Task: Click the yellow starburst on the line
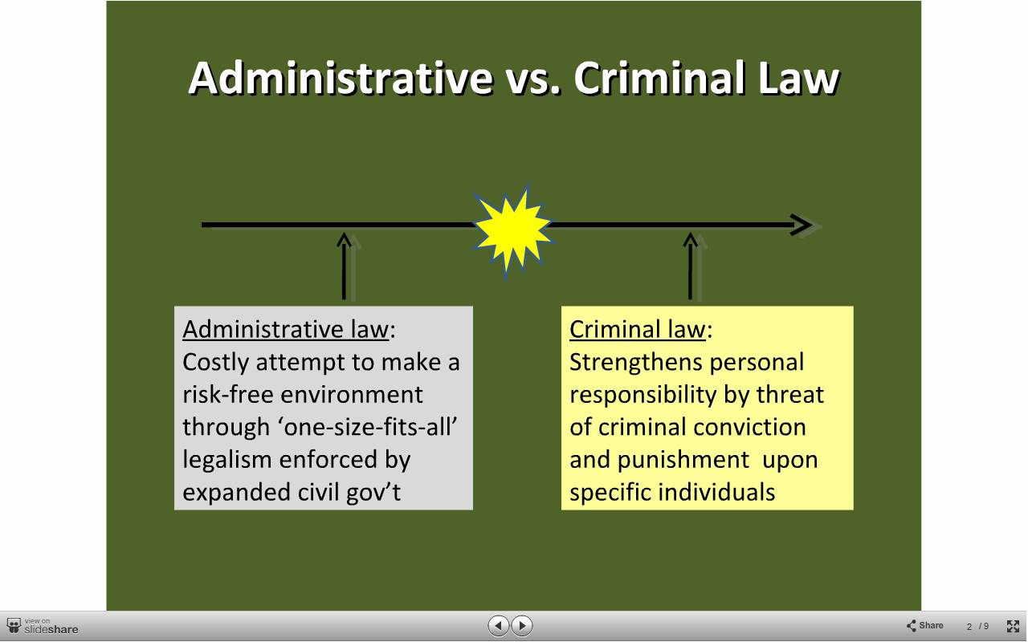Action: [x=513, y=230]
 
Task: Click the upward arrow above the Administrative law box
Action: [x=345, y=266]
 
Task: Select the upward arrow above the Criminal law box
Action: [x=690, y=266]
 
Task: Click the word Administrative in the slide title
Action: [x=341, y=78]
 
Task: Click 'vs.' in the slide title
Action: [x=533, y=80]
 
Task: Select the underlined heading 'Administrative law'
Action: [x=285, y=329]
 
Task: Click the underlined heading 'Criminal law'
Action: [x=637, y=329]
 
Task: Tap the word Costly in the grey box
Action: [x=215, y=362]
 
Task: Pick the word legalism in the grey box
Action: [x=226, y=460]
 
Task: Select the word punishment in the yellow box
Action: [x=683, y=460]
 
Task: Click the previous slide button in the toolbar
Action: [x=499, y=625]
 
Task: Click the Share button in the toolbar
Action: [x=924, y=625]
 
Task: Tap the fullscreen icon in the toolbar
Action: [x=1013, y=626]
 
